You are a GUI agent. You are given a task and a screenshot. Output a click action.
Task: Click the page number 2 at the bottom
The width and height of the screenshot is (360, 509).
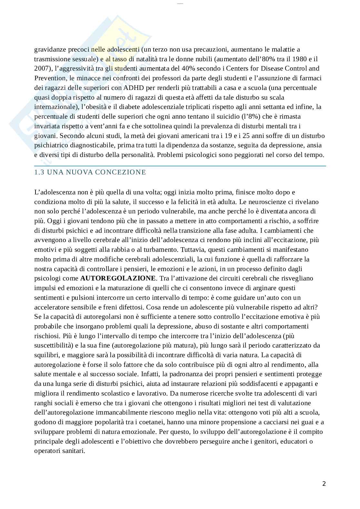pyautogui.click(x=324, y=484)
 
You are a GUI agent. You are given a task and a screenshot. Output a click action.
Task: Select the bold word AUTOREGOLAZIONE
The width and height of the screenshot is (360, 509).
pyautogui.click(x=118, y=278)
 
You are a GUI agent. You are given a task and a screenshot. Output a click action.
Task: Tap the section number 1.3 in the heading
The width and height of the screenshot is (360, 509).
pyautogui.click(x=39, y=172)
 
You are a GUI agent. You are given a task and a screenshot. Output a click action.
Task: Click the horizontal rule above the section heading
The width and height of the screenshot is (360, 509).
pyautogui.click(x=180, y=166)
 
